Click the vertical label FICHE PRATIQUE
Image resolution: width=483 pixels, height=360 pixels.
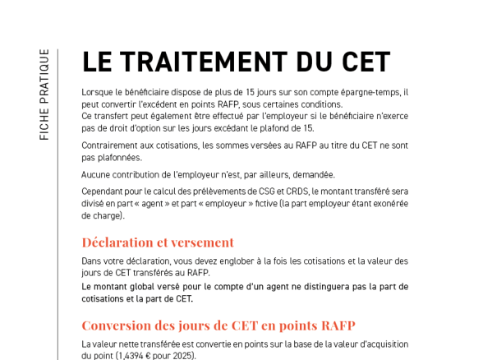point(44,94)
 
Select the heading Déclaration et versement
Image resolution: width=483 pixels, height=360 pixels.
point(158,242)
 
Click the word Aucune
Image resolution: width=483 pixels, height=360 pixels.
point(97,174)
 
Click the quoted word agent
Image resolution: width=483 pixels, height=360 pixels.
point(162,204)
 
